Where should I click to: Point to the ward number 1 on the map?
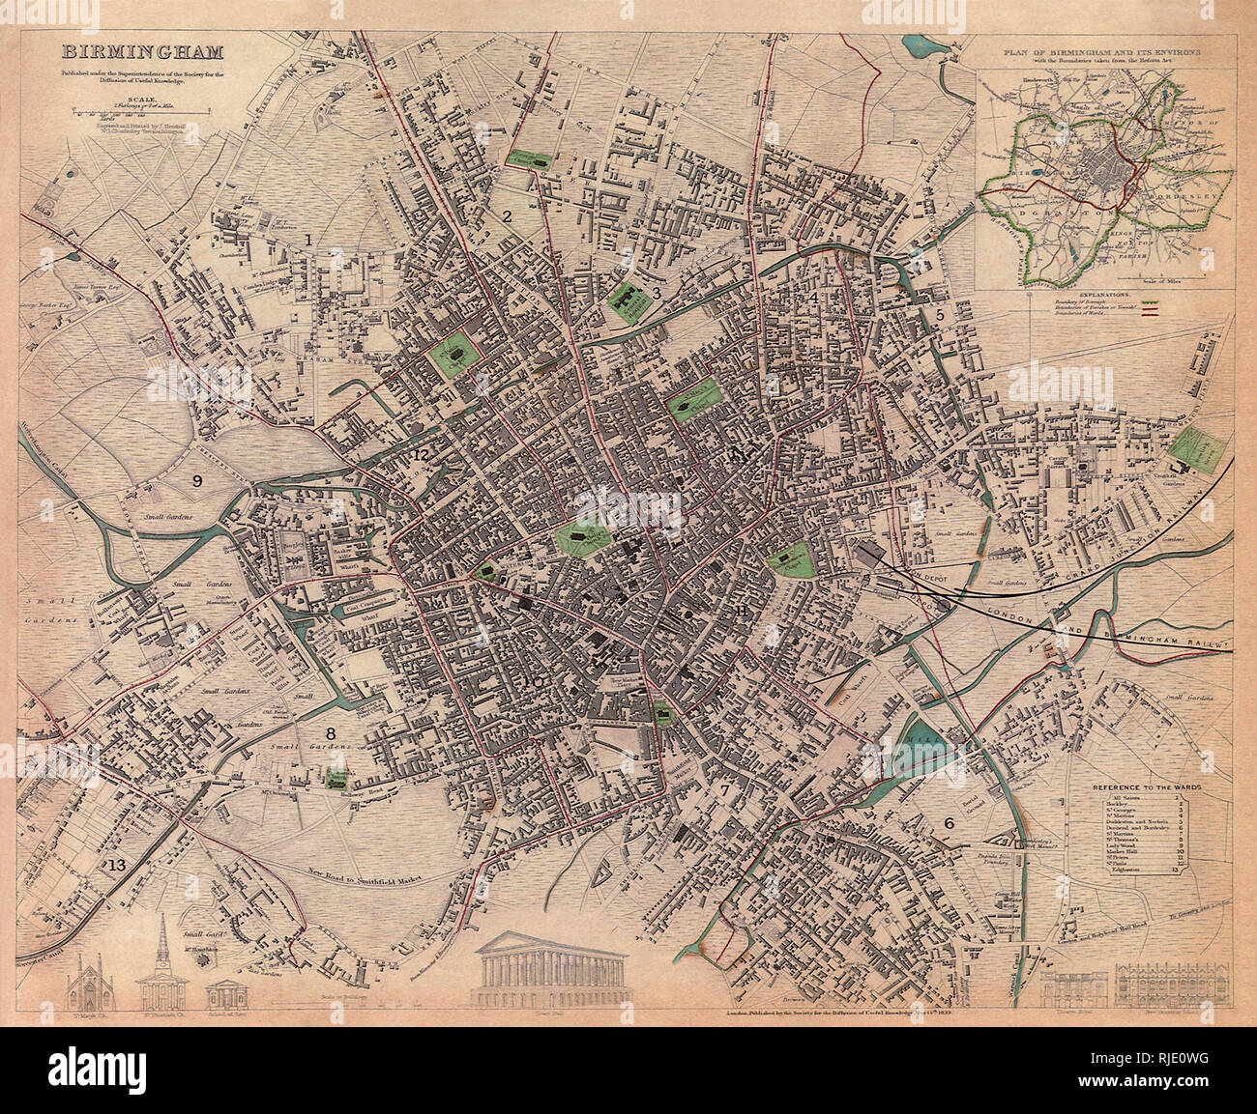click(x=308, y=239)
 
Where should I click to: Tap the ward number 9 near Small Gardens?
click(x=197, y=480)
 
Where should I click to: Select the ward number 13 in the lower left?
click(x=117, y=864)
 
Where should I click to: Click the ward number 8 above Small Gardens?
click(x=331, y=734)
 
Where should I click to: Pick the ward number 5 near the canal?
click(x=938, y=314)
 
